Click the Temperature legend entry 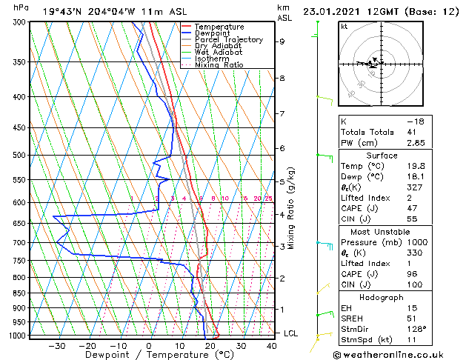pos(219,27)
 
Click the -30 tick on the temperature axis pos(56,346)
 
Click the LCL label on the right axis pos(291,333)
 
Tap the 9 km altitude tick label pos(282,41)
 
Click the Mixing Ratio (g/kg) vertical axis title pos(291,208)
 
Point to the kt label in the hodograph pos(344,27)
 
